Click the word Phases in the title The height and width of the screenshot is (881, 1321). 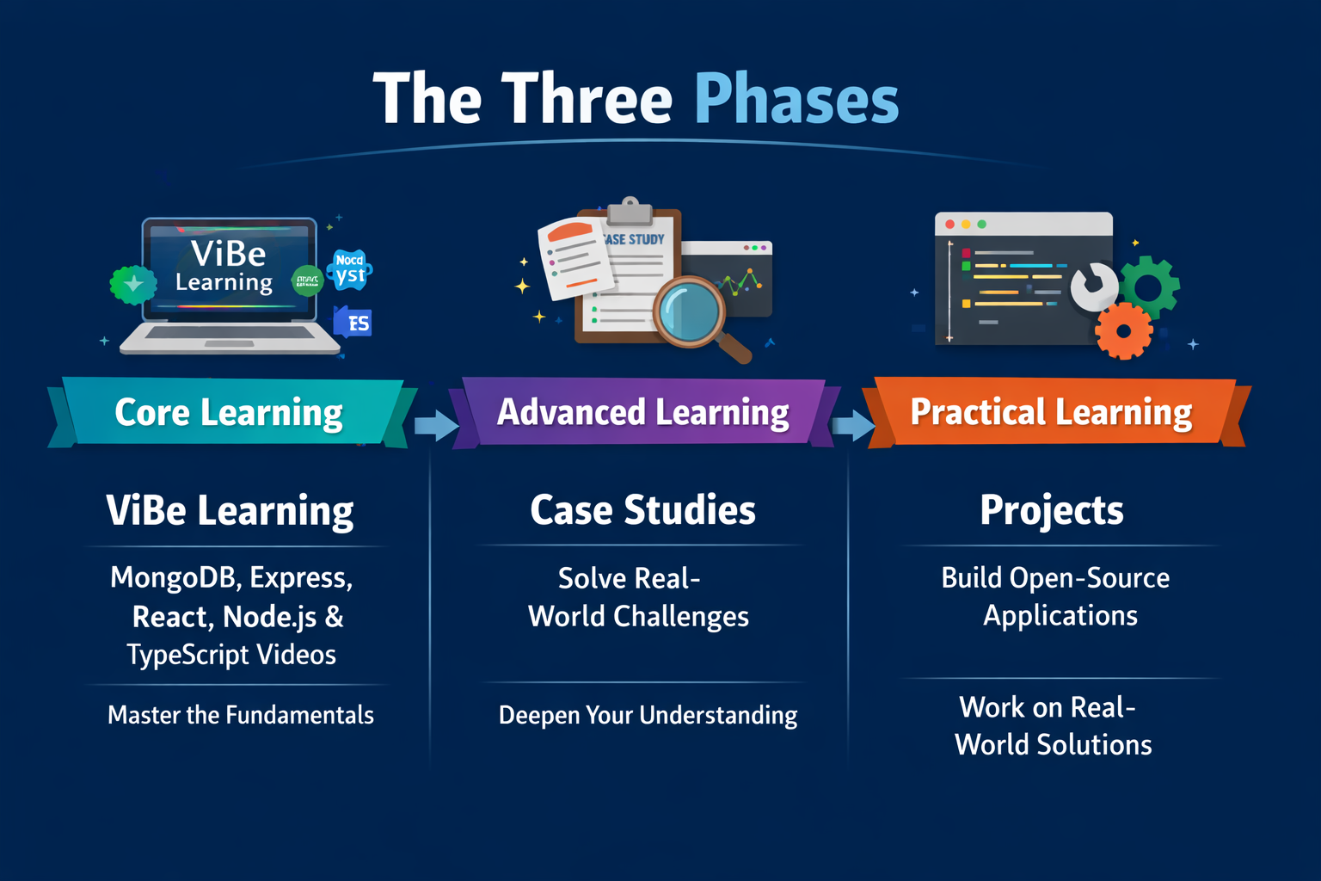[x=796, y=100]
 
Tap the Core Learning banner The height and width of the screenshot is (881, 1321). [x=229, y=412]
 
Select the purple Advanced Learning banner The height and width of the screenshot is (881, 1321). [x=642, y=412]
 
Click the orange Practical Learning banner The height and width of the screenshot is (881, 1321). [x=1051, y=412]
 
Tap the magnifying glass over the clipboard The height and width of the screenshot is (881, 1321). [x=690, y=311]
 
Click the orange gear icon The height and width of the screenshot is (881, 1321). [x=1123, y=330]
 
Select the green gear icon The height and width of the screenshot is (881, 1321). [x=1150, y=286]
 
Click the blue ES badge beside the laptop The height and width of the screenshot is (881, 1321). [x=354, y=323]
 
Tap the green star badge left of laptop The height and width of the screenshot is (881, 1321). [x=132, y=285]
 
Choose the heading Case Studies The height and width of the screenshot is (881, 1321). [x=642, y=510]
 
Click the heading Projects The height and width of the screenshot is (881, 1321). [x=1051, y=510]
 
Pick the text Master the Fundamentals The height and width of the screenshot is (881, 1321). [x=241, y=715]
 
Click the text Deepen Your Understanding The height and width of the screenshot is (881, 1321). [x=648, y=715]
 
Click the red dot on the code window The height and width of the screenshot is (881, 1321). [x=949, y=225]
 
